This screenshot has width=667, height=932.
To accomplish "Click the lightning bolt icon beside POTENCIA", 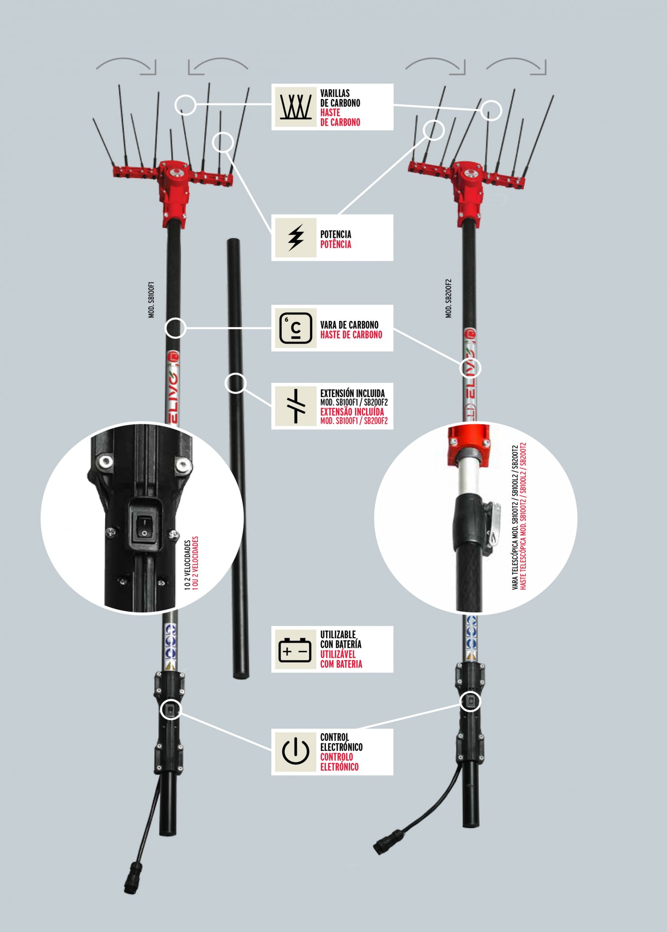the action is tap(295, 237).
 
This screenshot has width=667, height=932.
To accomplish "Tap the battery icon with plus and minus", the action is tap(295, 649).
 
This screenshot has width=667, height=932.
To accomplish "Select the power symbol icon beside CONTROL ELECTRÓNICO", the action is tap(295, 751).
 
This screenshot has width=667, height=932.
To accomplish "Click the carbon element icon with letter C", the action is tap(295, 328).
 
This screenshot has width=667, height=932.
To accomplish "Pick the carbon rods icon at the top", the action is tap(295, 106).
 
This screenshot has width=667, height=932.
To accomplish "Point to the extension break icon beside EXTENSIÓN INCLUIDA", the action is tap(295, 406).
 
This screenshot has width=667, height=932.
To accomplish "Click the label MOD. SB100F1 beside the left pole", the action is tap(151, 300).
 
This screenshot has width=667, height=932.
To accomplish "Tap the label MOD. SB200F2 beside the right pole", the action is tap(448, 299).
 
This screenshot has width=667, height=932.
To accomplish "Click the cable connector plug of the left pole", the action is tap(132, 877).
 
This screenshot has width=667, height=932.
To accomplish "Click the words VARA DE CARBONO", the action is tap(349, 325).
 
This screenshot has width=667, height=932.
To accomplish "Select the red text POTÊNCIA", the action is tap(336, 244).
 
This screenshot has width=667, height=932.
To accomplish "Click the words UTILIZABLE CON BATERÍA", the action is tap(341, 639).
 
